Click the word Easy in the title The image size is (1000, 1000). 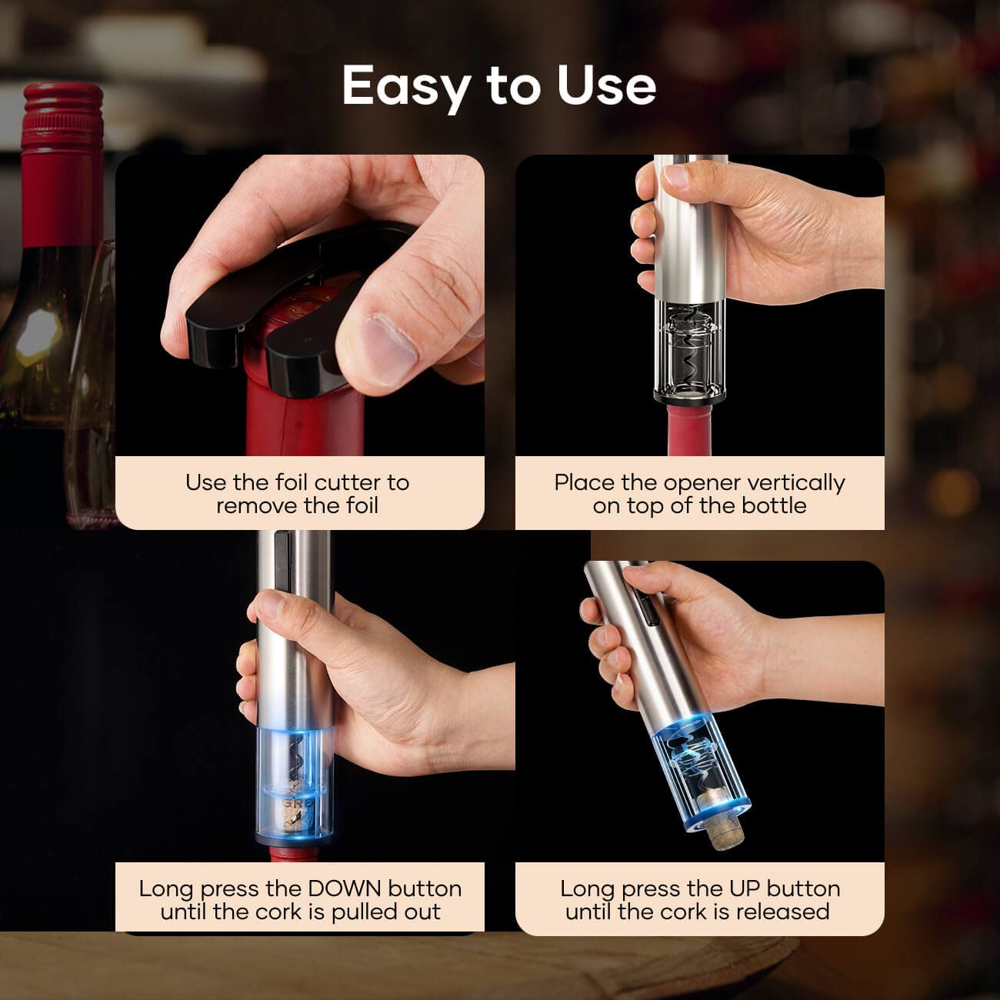click(405, 85)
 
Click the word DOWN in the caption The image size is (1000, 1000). click(345, 888)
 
